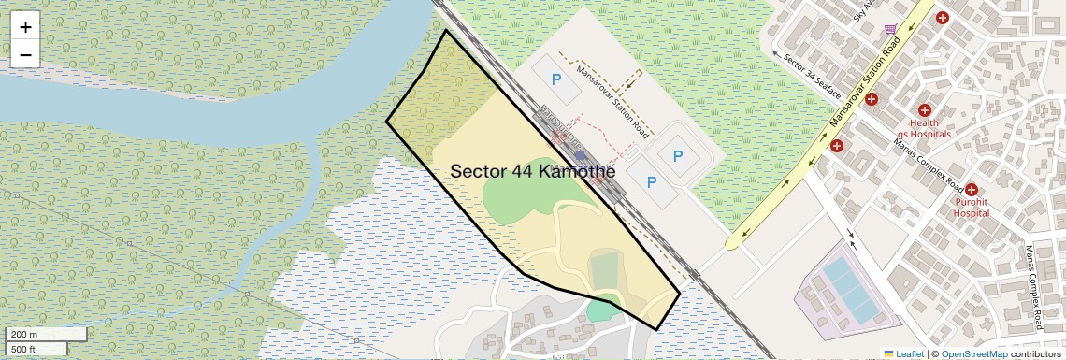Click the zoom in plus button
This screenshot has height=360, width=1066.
25,27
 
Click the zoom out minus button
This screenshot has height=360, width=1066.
25,55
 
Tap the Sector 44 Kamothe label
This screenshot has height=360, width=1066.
533,172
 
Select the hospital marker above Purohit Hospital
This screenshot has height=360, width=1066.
972,190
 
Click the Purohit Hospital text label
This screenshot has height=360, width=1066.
971,207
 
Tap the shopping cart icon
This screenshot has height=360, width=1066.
890,29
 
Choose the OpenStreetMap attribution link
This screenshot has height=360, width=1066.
973,353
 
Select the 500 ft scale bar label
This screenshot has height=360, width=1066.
23,349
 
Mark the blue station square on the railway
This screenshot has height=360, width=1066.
581,155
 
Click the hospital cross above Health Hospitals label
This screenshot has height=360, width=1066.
925,110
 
